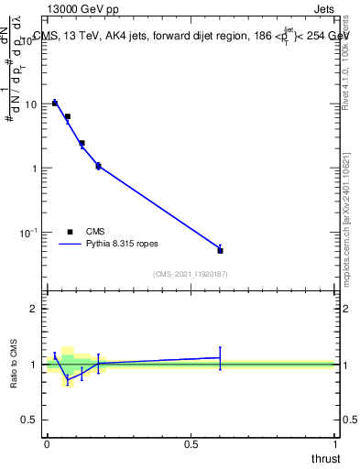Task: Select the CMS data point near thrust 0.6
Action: (220, 250)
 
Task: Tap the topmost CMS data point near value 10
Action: (55, 103)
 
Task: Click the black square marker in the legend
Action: (71, 232)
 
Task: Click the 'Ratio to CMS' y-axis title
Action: (14, 364)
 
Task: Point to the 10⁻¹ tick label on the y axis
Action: (28, 233)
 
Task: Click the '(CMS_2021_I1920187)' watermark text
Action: (191, 273)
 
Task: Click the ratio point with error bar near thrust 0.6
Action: (220, 357)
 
